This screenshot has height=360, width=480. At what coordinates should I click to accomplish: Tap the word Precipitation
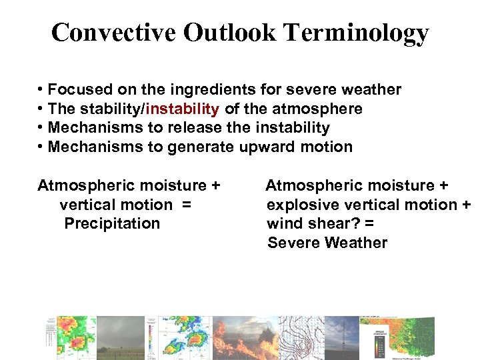pos(112,223)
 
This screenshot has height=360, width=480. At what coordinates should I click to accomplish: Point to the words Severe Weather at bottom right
pos(327,243)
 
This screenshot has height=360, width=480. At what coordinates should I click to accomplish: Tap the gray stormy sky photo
pos(121,337)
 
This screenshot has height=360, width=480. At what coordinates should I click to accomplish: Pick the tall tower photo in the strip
pos(341,337)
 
